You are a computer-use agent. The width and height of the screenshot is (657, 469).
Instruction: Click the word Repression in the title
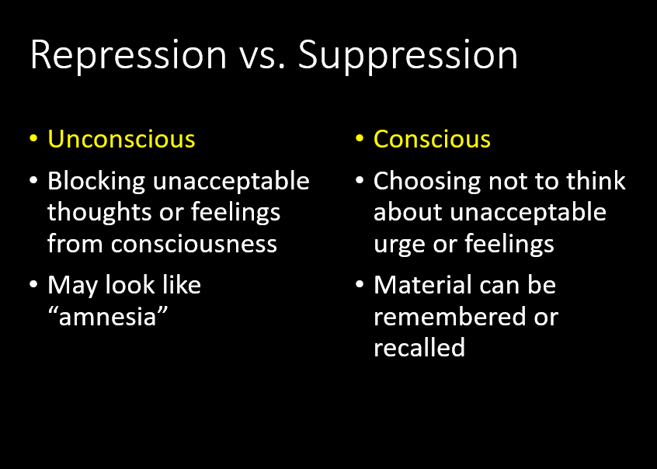pos(128,56)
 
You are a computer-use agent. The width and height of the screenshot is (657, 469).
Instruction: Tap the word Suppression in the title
pos(408,56)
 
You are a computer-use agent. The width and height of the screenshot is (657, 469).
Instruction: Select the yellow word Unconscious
pos(121,139)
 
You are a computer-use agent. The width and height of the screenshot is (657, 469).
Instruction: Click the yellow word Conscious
pos(432,139)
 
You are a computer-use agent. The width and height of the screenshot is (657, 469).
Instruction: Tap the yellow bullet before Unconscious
pos(33,138)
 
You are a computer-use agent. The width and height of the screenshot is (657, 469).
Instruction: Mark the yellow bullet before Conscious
pos(360,138)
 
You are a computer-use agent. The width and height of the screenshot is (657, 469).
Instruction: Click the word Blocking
pos(96,182)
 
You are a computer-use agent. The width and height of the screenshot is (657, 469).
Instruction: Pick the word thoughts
pos(99,214)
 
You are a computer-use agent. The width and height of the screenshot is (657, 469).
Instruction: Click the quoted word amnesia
pos(108,317)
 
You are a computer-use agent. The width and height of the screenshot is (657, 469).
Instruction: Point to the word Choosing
pos(427,182)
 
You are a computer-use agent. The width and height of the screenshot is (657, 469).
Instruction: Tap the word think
pos(596,181)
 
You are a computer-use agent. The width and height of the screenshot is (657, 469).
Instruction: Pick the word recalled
pos(419,347)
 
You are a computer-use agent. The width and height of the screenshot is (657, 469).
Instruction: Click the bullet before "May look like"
pos(33,285)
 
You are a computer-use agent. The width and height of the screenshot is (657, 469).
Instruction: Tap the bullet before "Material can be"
pos(360,285)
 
